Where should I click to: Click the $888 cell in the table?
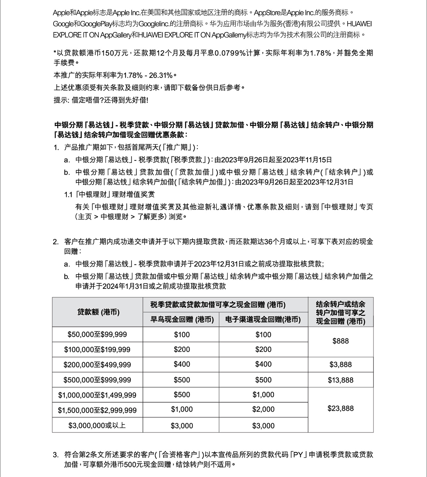click(x=341, y=342)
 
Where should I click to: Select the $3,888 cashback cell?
click(x=341, y=364)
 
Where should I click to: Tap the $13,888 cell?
click(x=341, y=380)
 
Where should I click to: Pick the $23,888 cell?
click(x=341, y=409)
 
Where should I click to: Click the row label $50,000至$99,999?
click(x=97, y=335)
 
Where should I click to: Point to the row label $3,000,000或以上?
click(x=97, y=425)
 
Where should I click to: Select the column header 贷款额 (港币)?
click(x=98, y=312)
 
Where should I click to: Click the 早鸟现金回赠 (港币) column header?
click(x=182, y=319)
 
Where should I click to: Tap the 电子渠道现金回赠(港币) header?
click(x=263, y=319)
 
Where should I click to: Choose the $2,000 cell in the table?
click(x=263, y=409)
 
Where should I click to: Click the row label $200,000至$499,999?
click(x=97, y=365)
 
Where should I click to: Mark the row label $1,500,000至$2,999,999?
click(x=97, y=410)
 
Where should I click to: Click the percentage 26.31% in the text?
click(x=161, y=75)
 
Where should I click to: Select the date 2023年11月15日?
click(x=307, y=160)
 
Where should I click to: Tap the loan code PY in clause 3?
click(x=298, y=455)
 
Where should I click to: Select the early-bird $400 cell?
click(x=182, y=364)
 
